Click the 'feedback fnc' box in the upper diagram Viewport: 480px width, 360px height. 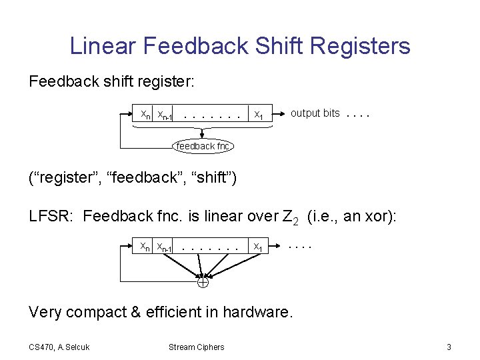point(203,146)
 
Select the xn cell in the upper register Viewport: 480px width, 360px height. point(145,115)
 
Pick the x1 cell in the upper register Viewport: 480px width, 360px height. point(259,115)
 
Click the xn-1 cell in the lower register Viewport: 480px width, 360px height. point(165,247)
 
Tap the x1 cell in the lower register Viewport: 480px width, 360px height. point(259,247)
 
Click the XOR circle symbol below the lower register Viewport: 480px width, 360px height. point(203,282)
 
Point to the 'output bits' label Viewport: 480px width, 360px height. point(315,113)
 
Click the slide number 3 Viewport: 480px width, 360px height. point(449,347)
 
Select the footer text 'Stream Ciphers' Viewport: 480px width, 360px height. point(196,347)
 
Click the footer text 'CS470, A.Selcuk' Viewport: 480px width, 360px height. point(59,347)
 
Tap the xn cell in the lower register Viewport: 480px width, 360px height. point(145,247)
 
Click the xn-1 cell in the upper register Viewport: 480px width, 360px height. point(165,115)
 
